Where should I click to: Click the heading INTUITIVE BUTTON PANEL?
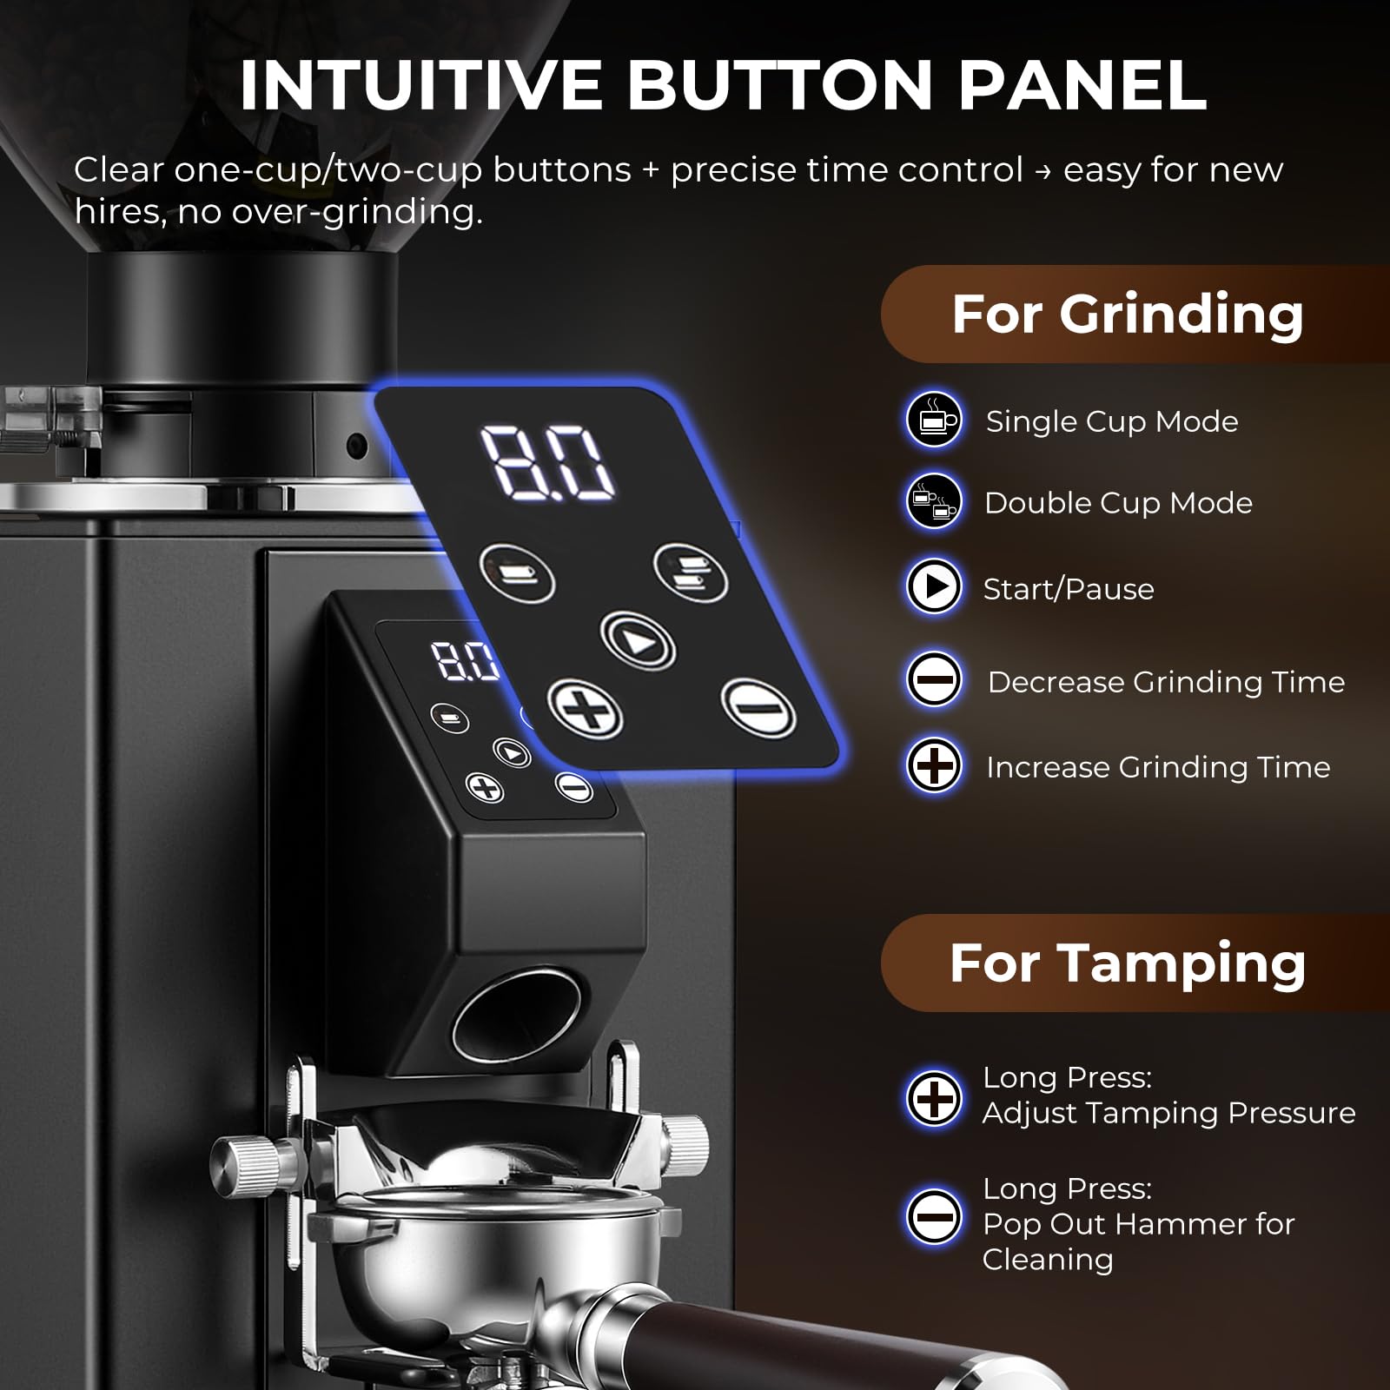click(x=723, y=85)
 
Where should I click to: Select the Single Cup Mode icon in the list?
click(x=934, y=420)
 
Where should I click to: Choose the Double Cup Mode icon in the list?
click(x=934, y=501)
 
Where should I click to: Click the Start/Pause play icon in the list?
click(x=934, y=587)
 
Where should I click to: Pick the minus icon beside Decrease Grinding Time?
click(x=934, y=679)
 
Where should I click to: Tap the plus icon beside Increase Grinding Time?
click(x=934, y=765)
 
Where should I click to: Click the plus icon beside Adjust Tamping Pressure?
click(x=934, y=1098)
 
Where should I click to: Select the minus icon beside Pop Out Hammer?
click(x=934, y=1215)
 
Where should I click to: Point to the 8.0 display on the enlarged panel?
click(x=547, y=462)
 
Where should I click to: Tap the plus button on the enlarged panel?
click(x=584, y=709)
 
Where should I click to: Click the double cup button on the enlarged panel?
click(x=691, y=573)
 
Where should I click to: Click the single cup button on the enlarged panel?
click(x=517, y=573)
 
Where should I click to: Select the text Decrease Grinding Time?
click(x=1166, y=682)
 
